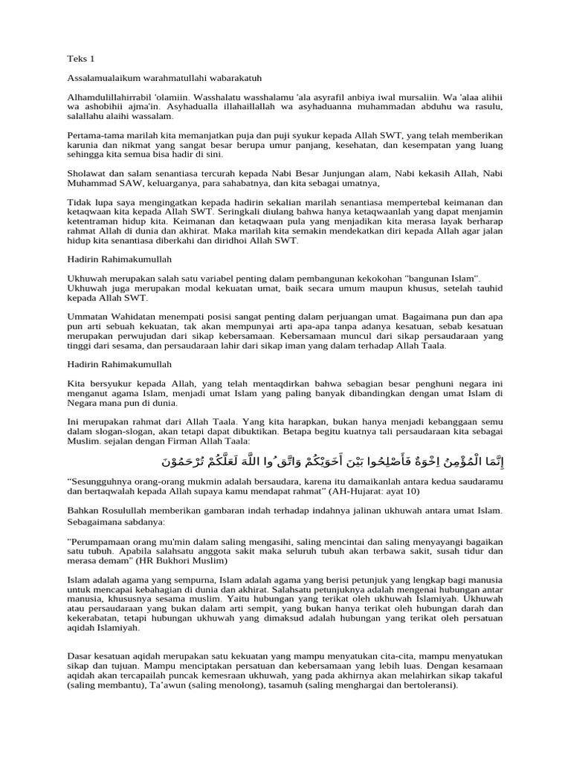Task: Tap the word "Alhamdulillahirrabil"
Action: click(x=111, y=97)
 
